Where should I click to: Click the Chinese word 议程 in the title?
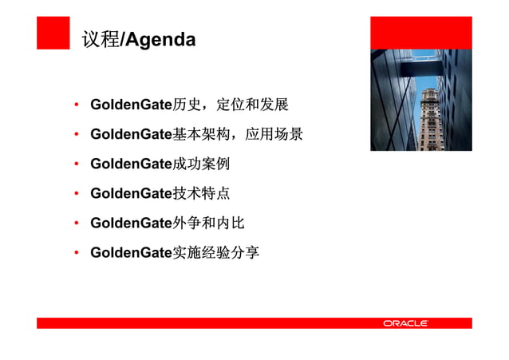[x=100, y=39]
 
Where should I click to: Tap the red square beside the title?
[x=53, y=33]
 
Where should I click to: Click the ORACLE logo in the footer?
[x=405, y=323]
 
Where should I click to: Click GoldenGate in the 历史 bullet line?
[x=132, y=105]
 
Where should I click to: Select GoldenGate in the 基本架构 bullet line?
[x=132, y=134]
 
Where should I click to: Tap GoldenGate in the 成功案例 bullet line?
[x=132, y=164]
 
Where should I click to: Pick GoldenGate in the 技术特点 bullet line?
[x=132, y=193]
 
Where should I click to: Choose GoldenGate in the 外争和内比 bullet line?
[x=132, y=223]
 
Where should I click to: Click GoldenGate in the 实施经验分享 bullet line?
[x=132, y=252]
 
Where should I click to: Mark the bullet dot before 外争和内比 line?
[x=76, y=224]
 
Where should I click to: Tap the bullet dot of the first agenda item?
[x=76, y=106]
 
